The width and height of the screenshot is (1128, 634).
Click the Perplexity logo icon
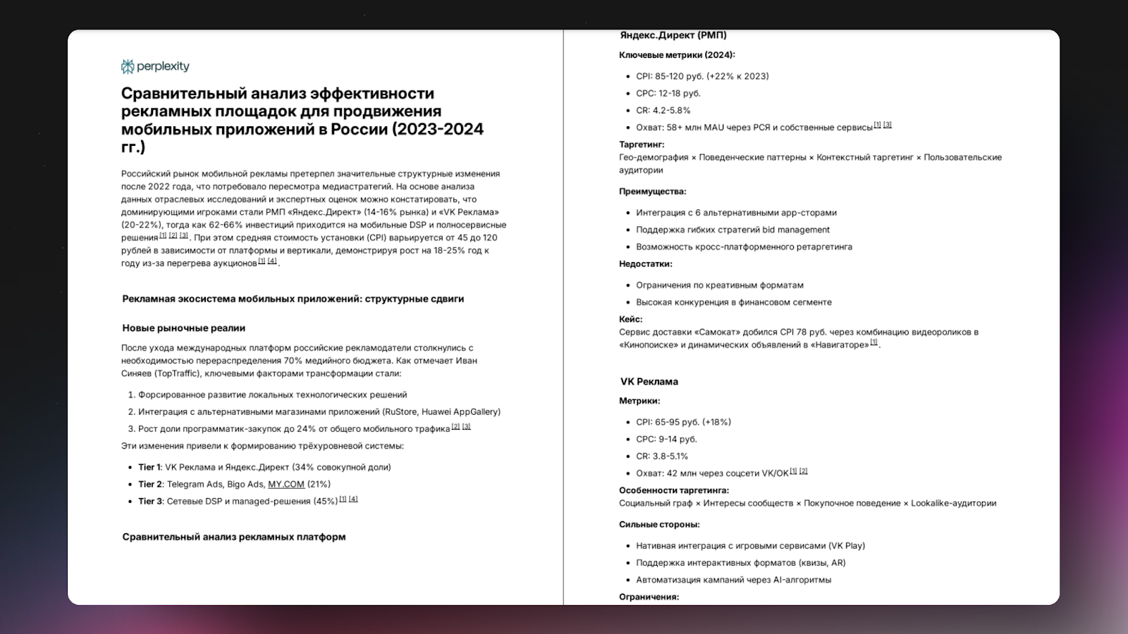[x=128, y=66]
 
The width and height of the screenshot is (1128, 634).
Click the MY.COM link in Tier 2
[x=286, y=484]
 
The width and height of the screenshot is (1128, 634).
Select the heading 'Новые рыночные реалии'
[x=183, y=328]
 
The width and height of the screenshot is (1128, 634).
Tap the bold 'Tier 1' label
[x=149, y=467]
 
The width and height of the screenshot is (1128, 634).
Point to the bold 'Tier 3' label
[x=149, y=501]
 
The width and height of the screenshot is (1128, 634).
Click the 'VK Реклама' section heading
[x=649, y=381]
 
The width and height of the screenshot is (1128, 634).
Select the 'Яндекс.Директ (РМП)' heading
[x=673, y=35]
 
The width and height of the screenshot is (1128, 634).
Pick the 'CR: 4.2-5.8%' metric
[x=663, y=110]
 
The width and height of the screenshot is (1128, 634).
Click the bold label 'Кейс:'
[x=630, y=319]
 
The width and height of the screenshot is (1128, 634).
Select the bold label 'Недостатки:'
[x=645, y=263]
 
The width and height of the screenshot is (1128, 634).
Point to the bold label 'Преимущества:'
[x=652, y=191]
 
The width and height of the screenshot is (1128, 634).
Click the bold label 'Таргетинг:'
[x=642, y=144]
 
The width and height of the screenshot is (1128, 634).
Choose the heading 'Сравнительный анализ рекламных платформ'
[x=234, y=537]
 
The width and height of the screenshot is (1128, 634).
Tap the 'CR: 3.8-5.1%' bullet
[x=662, y=456]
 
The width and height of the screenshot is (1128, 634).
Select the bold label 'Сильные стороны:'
[x=659, y=524]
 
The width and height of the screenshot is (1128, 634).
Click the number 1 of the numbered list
[x=131, y=394]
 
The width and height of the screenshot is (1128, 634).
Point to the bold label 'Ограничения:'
[x=649, y=597]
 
